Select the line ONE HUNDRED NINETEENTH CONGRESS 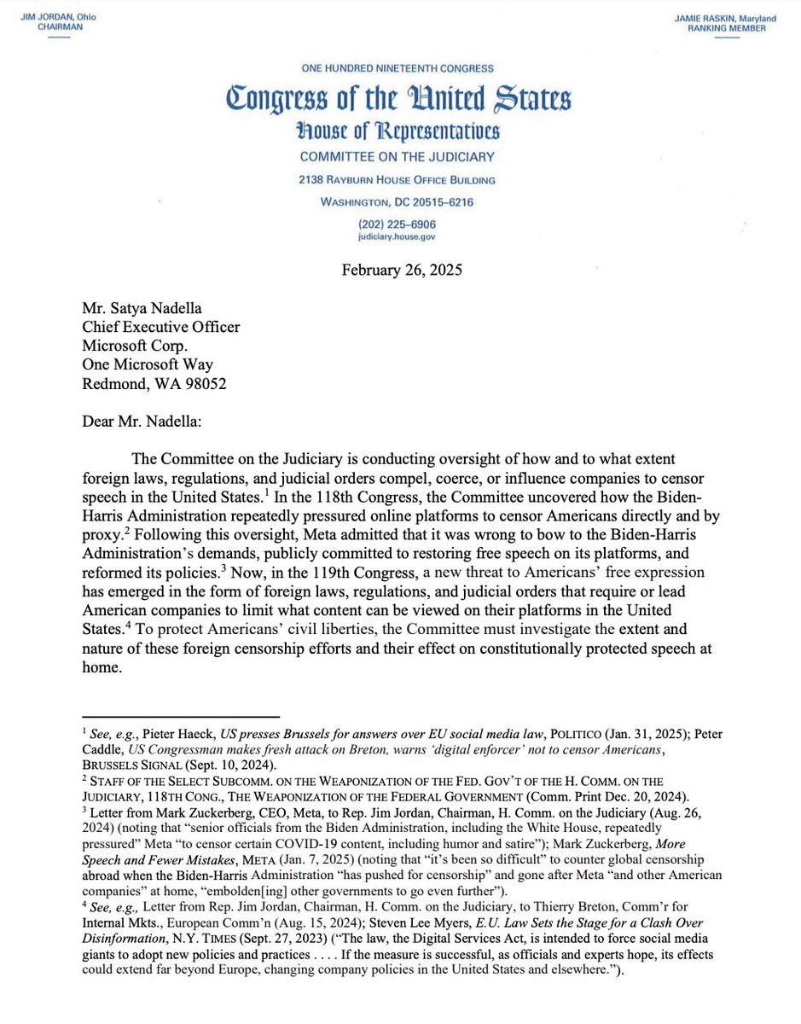coord(398,68)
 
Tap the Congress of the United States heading coord(398,101)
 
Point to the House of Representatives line coord(398,131)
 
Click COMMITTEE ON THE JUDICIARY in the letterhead coord(398,158)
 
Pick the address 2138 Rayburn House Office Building coord(398,180)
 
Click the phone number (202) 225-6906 coord(398,224)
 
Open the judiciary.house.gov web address coord(398,238)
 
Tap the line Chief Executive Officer coord(160,328)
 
